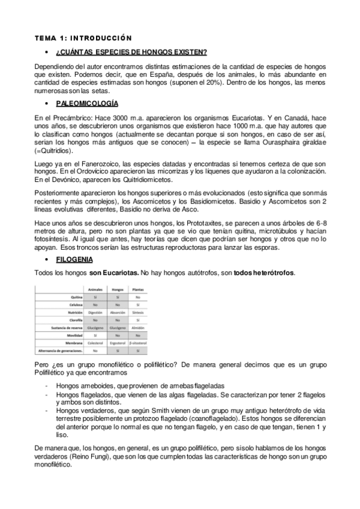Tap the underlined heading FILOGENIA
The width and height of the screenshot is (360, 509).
74,259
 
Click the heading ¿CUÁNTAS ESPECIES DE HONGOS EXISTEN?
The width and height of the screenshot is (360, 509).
132,52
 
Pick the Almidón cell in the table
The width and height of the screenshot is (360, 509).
138,327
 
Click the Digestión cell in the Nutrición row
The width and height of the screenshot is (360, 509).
95,312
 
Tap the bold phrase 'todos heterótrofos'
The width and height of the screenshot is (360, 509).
263,273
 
